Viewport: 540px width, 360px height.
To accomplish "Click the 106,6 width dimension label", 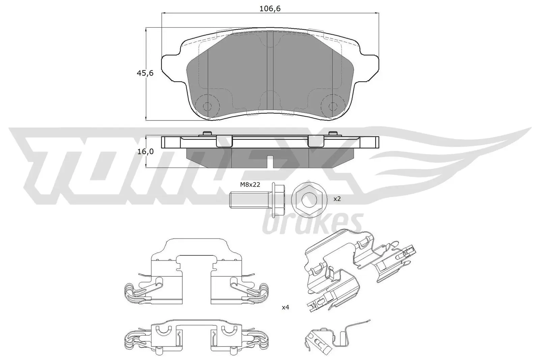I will [270, 9].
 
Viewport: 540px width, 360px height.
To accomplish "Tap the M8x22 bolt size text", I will [250, 185].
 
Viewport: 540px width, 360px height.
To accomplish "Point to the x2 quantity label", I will [337, 199].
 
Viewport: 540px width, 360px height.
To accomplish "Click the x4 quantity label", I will [285, 307].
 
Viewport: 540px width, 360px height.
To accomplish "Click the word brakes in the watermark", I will [312, 223].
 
